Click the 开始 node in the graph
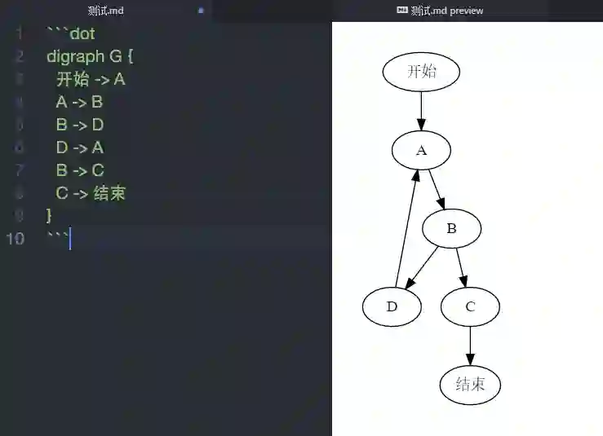pos(421,71)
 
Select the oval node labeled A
pos(421,150)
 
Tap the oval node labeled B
pos(451,228)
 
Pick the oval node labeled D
pos(392,306)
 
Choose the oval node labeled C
pos(470,306)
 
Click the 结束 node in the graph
pos(470,385)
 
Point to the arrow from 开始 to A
pos(421,110)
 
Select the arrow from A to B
pos(437,189)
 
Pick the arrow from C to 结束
pos(470,346)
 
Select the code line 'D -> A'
pos(80,148)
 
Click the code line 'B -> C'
pos(80,170)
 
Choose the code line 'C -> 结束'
pos(91,193)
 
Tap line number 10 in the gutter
pos(16,239)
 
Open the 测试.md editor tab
pos(105,11)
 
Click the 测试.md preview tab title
pos(447,11)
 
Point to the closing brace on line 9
pos(50,216)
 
